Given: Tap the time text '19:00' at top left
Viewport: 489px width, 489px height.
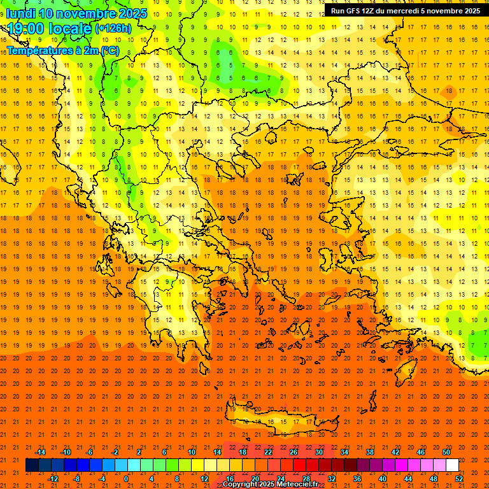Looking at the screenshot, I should click(x=25, y=28).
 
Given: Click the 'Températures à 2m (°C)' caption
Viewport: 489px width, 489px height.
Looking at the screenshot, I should click(x=62, y=50).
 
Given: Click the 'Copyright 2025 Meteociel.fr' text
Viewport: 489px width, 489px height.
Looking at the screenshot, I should click(x=270, y=485).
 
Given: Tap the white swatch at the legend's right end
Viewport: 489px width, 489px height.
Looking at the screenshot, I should click(x=452, y=465).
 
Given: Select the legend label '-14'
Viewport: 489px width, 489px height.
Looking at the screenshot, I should click(x=41, y=452).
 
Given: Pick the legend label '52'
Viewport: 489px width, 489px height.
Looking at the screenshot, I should click(x=459, y=479).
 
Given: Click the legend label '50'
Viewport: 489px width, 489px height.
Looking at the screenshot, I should click(x=446, y=452).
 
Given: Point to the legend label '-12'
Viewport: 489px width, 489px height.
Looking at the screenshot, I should click(x=53, y=479).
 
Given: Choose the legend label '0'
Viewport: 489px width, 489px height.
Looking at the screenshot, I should click(x=125, y=479).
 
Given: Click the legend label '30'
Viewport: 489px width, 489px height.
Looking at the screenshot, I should click(x=318, y=452).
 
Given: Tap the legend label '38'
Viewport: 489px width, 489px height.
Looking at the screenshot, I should click(x=369, y=452).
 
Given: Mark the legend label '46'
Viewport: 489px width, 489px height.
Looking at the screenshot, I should click(x=420, y=452).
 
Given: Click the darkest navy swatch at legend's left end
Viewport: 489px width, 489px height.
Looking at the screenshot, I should click(x=32, y=465).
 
